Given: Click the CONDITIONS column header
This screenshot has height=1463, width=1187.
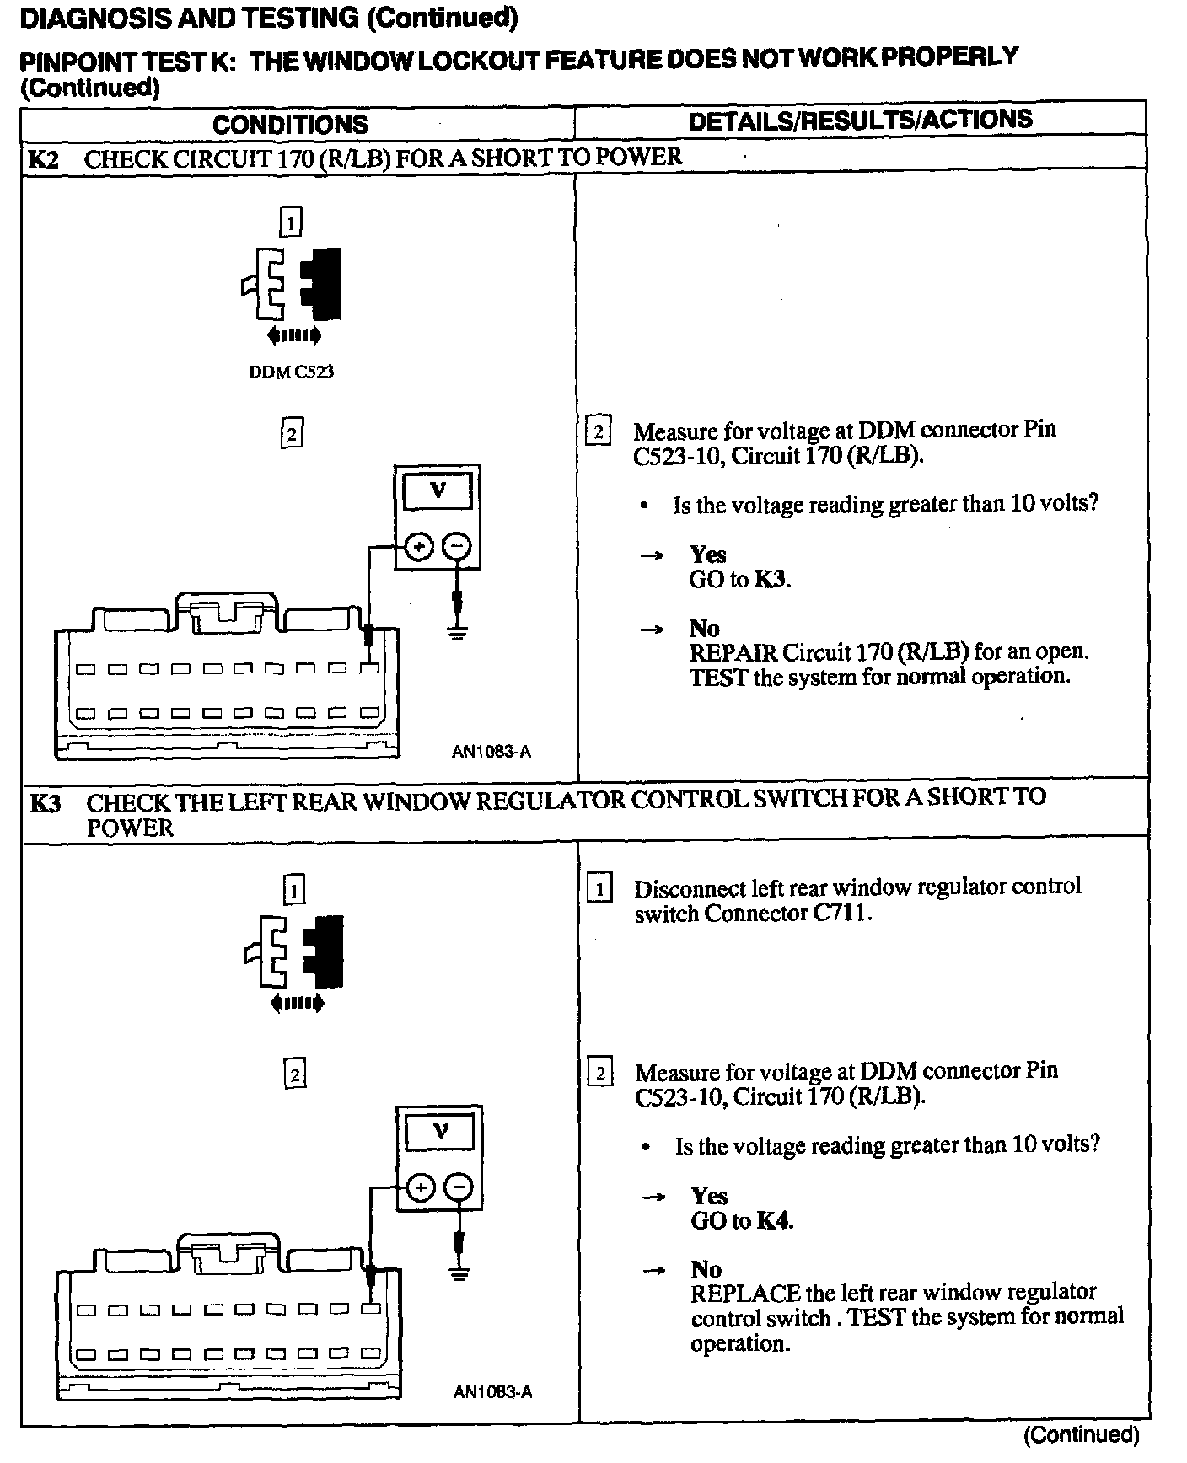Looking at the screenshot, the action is point(290,124).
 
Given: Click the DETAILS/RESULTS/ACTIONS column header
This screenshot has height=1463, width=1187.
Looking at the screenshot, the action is point(860,120).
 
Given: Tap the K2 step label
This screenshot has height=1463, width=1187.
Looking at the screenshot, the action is point(44,159).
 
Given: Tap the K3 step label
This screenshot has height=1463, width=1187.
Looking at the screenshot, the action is point(46,802).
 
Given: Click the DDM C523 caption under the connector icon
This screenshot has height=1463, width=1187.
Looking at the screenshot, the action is point(291,372).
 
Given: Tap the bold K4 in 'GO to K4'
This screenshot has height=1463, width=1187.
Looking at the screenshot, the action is point(773,1220).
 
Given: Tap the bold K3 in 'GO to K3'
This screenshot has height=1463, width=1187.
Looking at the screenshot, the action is point(771,580).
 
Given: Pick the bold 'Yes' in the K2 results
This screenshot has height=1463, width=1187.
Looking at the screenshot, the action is point(707,555).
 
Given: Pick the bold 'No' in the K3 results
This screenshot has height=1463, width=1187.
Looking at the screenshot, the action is point(706,1269).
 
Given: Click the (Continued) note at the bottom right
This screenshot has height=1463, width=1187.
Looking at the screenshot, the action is point(1082,1435).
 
